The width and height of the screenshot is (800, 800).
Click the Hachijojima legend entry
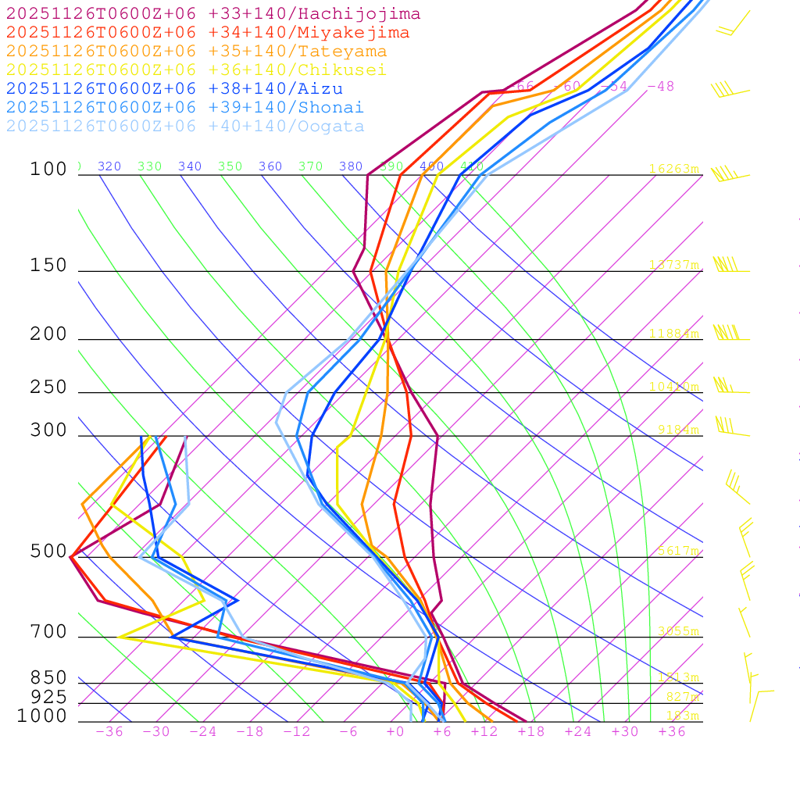tap(213, 14)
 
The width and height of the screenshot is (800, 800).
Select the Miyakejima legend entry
tap(208, 33)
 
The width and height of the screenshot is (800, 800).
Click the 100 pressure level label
tap(48, 170)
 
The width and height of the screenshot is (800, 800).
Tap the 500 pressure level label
tap(48, 552)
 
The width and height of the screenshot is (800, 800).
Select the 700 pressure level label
tap(48, 632)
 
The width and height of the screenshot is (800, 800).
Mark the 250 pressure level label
tap(48, 387)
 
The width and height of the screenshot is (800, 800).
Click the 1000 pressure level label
tap(42, 716)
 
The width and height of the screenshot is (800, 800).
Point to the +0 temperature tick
tap(395, 732)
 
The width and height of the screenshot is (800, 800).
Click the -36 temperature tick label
tap(109, 732)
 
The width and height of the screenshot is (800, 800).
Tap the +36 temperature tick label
tap(672, 732)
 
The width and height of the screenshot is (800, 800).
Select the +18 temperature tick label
tap(531, 732)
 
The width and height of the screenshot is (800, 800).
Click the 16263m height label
tap(674, 169)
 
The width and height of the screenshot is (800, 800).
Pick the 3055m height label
tap(678, 631)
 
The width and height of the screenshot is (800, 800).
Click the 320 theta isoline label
tap(109, 166)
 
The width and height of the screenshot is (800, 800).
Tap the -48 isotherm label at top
tap(661, 87)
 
